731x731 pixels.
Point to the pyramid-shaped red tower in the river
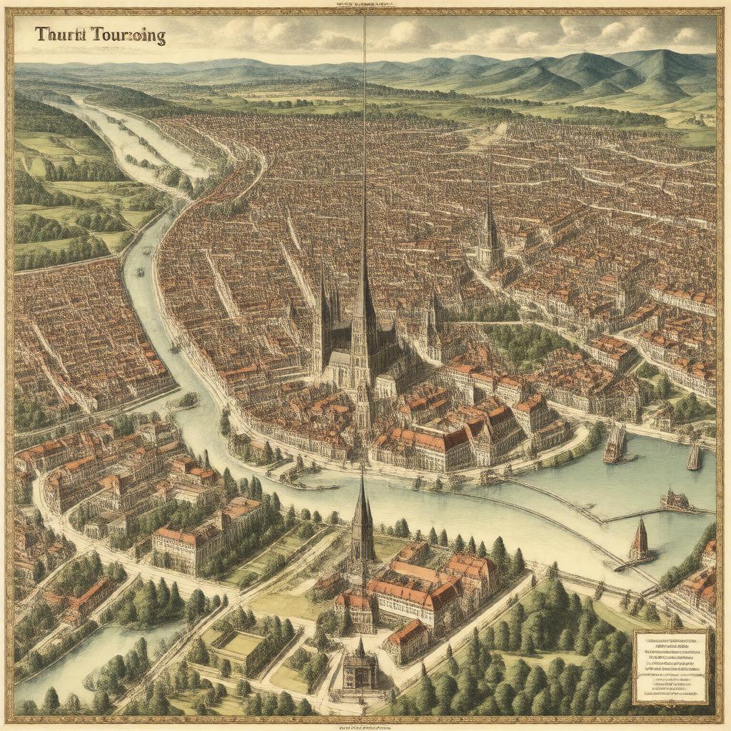640,540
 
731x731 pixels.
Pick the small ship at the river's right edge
694,456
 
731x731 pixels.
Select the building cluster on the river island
675,501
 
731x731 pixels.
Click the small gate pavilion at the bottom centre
360,667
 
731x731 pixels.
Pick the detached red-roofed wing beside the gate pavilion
406,640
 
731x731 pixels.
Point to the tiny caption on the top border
365,4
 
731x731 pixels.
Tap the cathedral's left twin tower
322,314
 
